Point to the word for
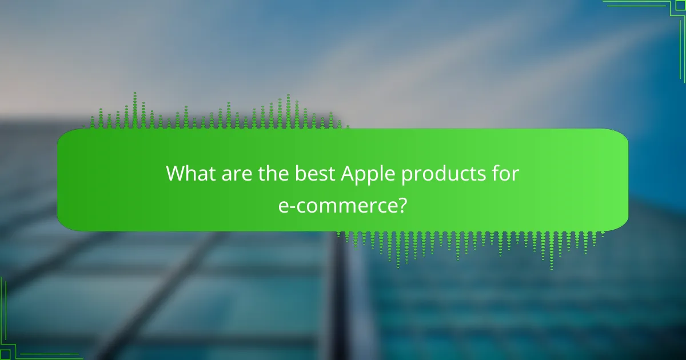505,174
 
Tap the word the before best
277,174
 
